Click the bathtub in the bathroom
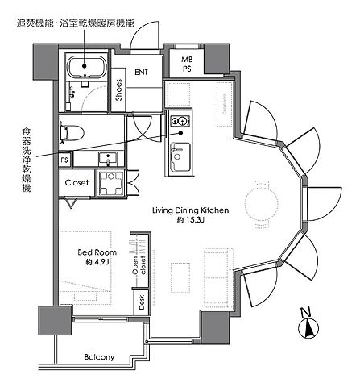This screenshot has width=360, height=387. pos(85,68)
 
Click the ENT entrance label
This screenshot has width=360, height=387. pos(143,71)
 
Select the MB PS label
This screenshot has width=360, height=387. pos(186,64)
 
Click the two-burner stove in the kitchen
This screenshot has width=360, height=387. pos(179,122)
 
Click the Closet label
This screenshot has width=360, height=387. pos(77,183)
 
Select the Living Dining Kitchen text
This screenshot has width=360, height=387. pos(192,210)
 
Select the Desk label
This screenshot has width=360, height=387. pos(141,303)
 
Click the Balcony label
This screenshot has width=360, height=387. pos(99,357)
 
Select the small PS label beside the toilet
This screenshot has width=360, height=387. pos(64,160)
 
